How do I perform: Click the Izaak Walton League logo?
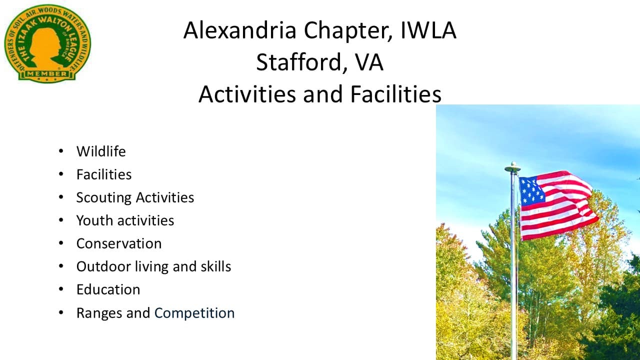click(x=47, y=42)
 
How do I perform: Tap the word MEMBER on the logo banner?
click(x=47, y=74)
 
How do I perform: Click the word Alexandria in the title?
click(x=240, y=30)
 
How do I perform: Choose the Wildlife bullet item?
click(x=101, y=151)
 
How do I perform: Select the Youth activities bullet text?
click(x=125, y=220)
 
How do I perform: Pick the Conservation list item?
click(x=119, y=243)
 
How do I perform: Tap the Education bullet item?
click(x=108, y=289)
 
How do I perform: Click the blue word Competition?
click(x=194, y=313)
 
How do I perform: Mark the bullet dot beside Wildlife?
click(x=61, y=151)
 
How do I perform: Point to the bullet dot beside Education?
click(x=61, y=289)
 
